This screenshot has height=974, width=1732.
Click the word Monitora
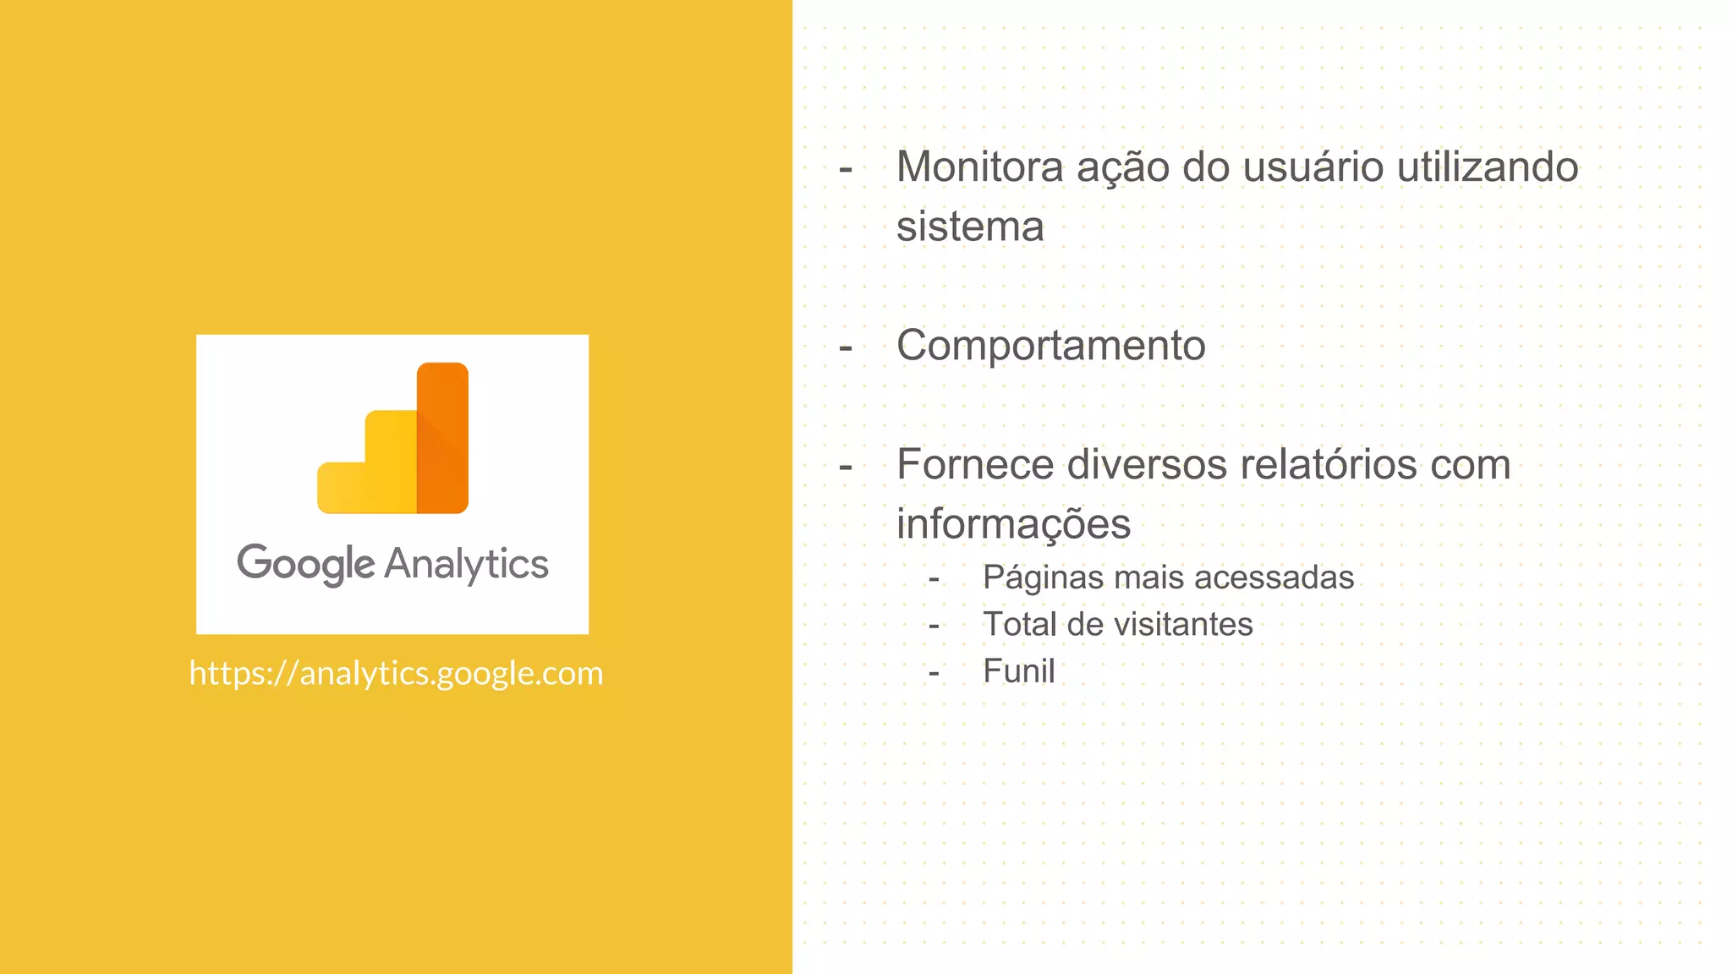979,167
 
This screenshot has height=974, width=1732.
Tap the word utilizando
1488,167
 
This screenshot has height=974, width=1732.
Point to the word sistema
970,227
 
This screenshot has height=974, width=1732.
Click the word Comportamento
1050,345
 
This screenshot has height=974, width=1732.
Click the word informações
1013,523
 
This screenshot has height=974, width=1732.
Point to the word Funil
1018,671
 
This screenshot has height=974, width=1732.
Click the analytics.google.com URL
396,673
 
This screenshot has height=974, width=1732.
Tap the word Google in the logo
305,564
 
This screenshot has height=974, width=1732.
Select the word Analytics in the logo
467,564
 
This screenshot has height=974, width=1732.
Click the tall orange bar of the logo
442,437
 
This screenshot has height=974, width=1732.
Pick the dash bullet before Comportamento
845,347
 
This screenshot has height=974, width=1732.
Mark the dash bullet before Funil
934,673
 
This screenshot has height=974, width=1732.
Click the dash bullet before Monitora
845,168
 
